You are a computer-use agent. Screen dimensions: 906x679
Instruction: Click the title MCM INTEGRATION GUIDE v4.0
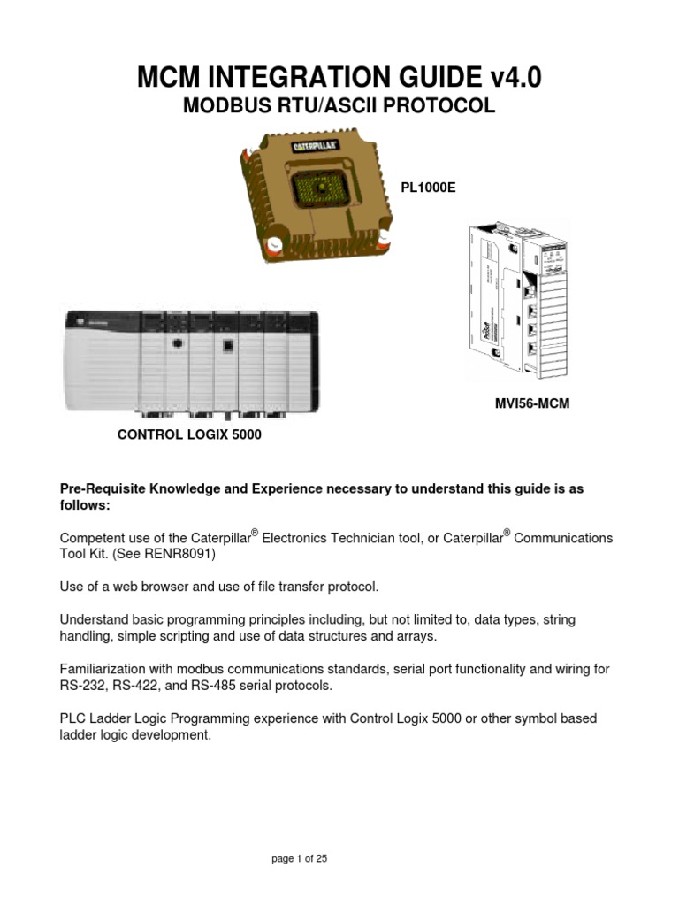pyautogui.click(x=339, y=78)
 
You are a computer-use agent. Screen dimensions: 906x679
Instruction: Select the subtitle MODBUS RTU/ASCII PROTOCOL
pyautogui.click(x=339, y=107)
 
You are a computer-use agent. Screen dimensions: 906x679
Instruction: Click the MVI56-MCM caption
pyautogui.click(x=531, y=403)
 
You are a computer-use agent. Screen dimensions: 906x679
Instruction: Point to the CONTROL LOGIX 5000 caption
pyautogui.click(x=190, y=435)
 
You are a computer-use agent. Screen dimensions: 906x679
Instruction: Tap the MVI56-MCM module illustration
pyautogui.click(x=516, y=301)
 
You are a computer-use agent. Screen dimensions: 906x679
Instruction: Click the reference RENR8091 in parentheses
pyautogui.click(x=183, y=554)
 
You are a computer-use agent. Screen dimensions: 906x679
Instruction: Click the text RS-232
pyautogui.click(x=78, y=685)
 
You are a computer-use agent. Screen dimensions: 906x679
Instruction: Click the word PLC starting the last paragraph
pyautogui.click(x=72, y=718)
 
